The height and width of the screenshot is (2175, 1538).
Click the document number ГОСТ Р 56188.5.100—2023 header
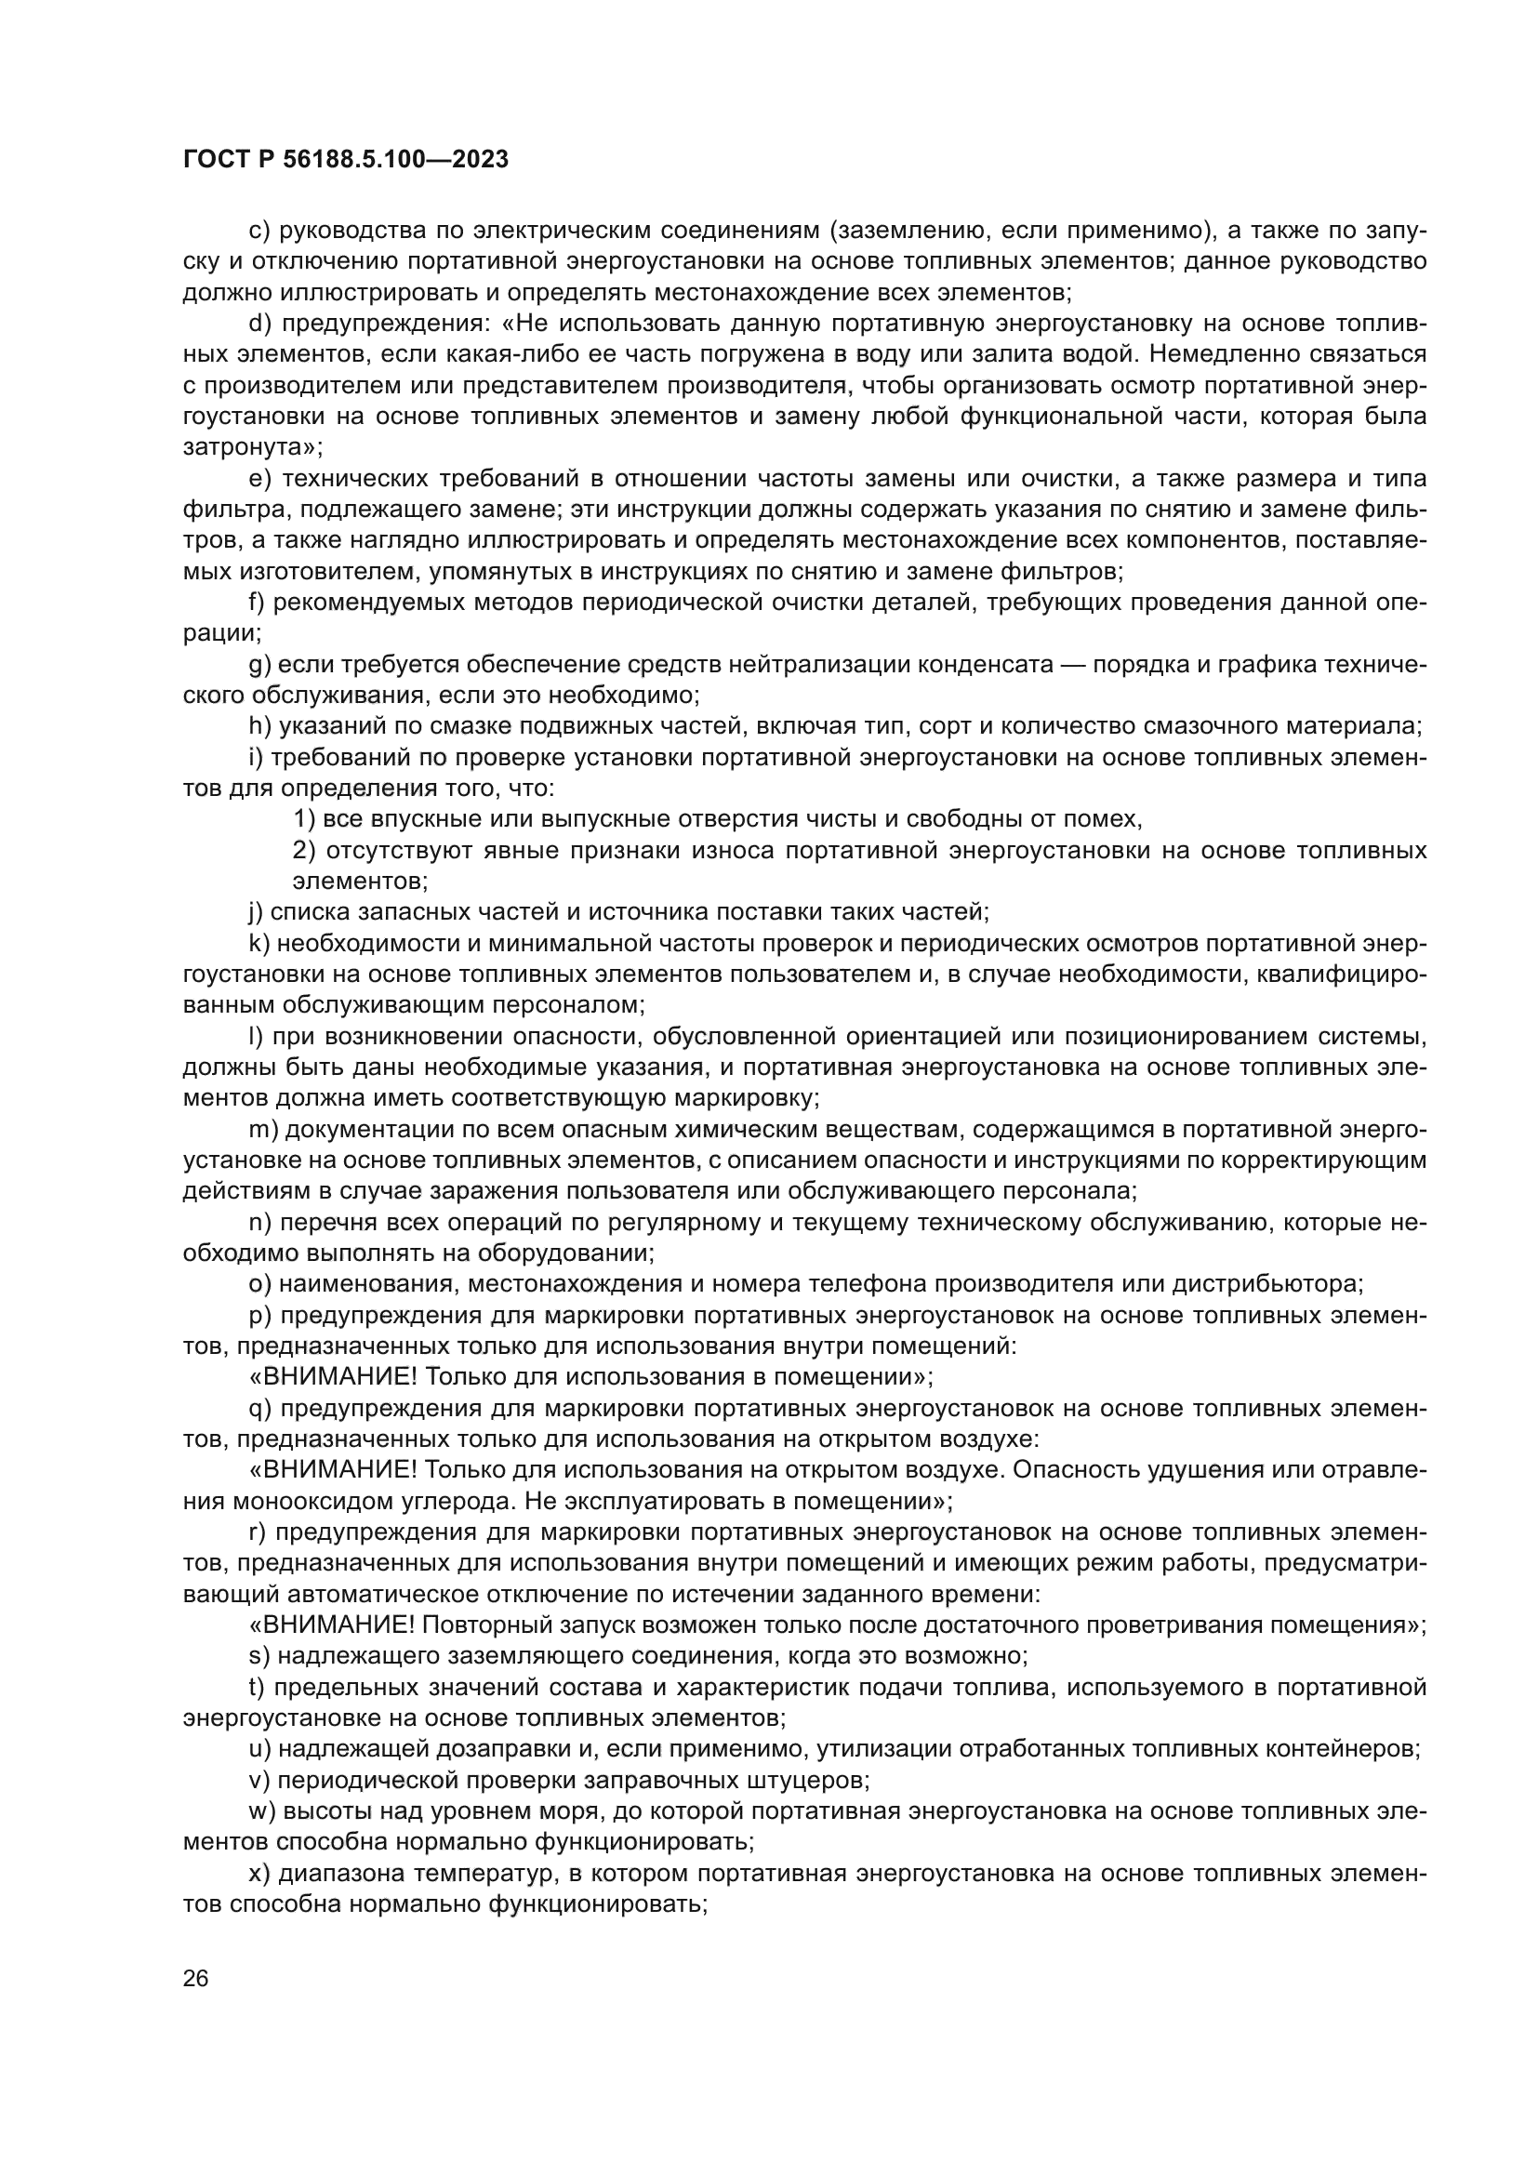346,159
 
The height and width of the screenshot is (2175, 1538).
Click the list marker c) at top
259,231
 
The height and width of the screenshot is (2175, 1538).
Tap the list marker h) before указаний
259,725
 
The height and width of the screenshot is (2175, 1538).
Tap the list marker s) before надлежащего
259,1656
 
